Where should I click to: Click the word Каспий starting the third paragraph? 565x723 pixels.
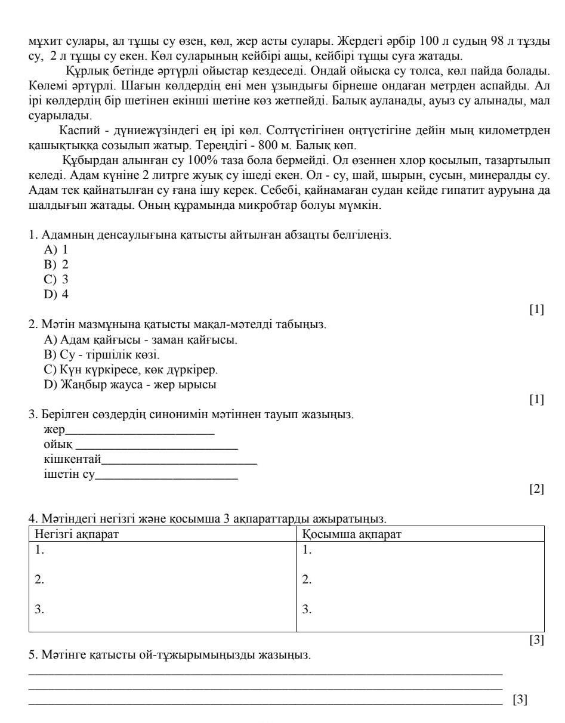[x=80, y=131]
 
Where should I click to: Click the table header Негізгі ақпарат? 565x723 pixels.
[x=77, y=534]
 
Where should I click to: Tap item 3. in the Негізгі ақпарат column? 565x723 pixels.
[x=39, y=609]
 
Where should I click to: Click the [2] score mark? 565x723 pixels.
[x=536, y=489]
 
